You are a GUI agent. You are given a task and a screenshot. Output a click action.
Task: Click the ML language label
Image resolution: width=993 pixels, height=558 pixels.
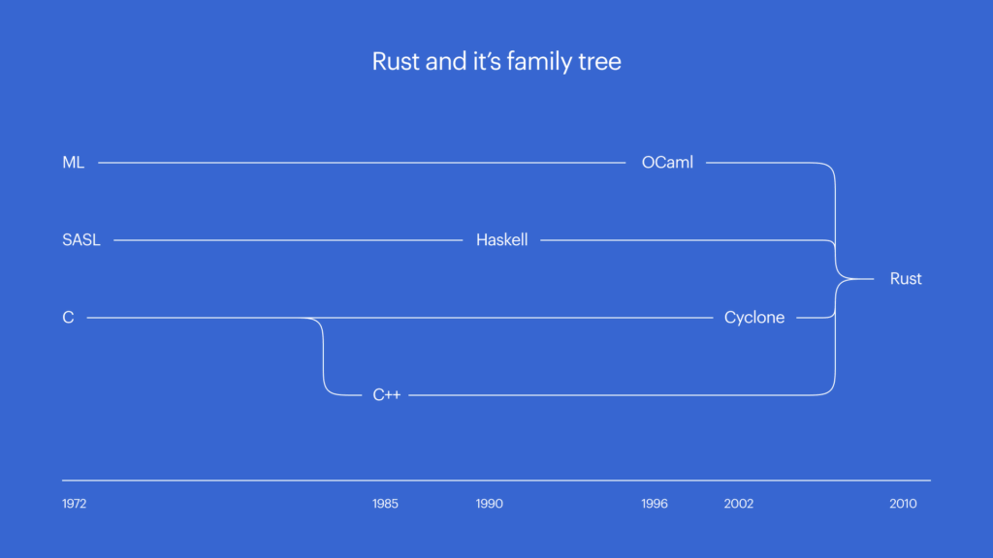pyautogui.click(x=73, y=163)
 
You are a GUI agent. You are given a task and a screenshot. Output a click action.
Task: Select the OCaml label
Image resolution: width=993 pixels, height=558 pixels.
pyautogui.click(x=667, y=163)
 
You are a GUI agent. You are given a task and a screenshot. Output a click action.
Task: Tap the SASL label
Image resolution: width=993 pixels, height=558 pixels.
pyautogui.click(x=81, y=240)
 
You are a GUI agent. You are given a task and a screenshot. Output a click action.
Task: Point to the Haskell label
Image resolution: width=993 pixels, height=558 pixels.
pyautogui.click(x=501, y=240)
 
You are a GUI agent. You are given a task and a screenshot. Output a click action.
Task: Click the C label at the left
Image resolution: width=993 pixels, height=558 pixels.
pyautogui.click(x=68, y=318)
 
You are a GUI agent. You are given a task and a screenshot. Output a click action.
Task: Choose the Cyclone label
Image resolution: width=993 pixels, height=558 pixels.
pyautogui.click(x=754, y=318)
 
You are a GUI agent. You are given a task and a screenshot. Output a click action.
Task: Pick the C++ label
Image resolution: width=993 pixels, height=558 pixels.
pyautogui.click(x=387, y=395)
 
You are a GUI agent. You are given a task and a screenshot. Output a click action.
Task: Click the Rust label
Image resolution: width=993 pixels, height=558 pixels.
pyautogui.click(x=906, y=279)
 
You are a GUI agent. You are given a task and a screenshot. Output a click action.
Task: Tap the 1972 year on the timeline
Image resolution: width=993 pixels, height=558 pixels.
pyautogui.click(x=75, y=504)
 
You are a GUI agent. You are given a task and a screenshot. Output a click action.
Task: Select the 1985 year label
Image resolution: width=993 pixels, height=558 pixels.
pyautogui.click(x=385, y=504)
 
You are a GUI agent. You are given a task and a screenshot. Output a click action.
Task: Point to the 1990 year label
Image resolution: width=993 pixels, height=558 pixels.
pyautogui.click(x=490, y=504)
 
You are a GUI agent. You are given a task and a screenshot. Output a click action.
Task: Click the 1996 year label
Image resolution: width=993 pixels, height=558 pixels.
pyautogui.click(x=655, y=504)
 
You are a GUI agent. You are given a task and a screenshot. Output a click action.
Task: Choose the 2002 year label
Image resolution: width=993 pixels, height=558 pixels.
pyautogui.click(x=739, y=504)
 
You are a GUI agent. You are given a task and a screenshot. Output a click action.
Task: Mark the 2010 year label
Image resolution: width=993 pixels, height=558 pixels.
pyautogui.click(x=903, y=504)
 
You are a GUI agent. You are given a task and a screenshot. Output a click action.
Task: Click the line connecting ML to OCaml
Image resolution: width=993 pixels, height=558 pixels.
pyautogui.click(x=359, y=163)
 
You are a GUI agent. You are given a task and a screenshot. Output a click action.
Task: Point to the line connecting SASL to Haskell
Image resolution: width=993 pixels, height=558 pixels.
pyautogui.click(x=291, y=240)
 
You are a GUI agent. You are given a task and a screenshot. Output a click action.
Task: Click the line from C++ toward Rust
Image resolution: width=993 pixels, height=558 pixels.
pyautogui.click(x=611, y=395)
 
